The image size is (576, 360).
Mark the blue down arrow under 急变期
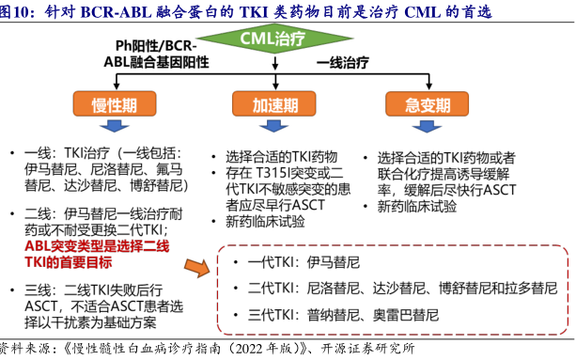(426, 127)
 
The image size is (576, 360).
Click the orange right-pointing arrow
(194, 268)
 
